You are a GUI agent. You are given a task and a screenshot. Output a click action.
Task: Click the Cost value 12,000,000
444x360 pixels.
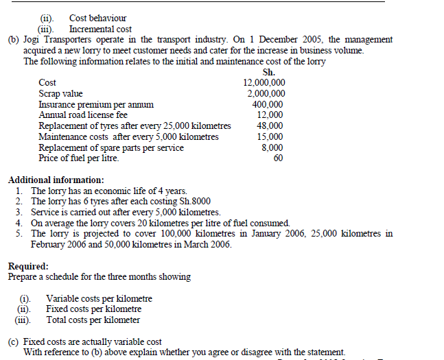pos(264,83)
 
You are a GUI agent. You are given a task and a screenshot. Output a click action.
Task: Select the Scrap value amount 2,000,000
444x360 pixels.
pos(266,94)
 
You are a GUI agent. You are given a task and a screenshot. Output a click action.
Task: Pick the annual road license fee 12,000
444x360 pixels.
pos(270,115)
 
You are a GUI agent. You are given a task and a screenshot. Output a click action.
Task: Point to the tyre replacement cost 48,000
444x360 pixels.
pos(270,126)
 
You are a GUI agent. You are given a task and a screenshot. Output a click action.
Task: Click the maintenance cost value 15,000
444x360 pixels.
pos(270,136)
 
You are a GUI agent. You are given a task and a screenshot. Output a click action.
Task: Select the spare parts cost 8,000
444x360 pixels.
pos(272,147)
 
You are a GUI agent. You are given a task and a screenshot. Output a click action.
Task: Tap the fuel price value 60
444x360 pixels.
pos(278,158)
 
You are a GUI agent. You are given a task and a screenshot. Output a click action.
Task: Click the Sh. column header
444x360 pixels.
pos(269,72)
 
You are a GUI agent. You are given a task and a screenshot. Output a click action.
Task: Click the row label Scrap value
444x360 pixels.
pos(60,94)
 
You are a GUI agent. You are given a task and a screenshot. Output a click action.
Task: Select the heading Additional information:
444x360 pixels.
pos(56,180)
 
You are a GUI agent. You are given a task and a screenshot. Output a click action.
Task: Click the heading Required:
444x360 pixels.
pos(28,266)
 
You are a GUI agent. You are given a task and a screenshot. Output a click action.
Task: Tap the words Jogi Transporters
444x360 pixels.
pos(54,40)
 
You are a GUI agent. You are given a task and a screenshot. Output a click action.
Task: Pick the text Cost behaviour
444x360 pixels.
pos(98,18)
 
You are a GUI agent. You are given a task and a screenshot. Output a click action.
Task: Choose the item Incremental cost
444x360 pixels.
pos(100,29)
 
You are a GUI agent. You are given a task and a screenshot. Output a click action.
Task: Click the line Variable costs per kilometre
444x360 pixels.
pos(99,298)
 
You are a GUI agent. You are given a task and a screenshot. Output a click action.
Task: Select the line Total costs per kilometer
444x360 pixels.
pos(93,320)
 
